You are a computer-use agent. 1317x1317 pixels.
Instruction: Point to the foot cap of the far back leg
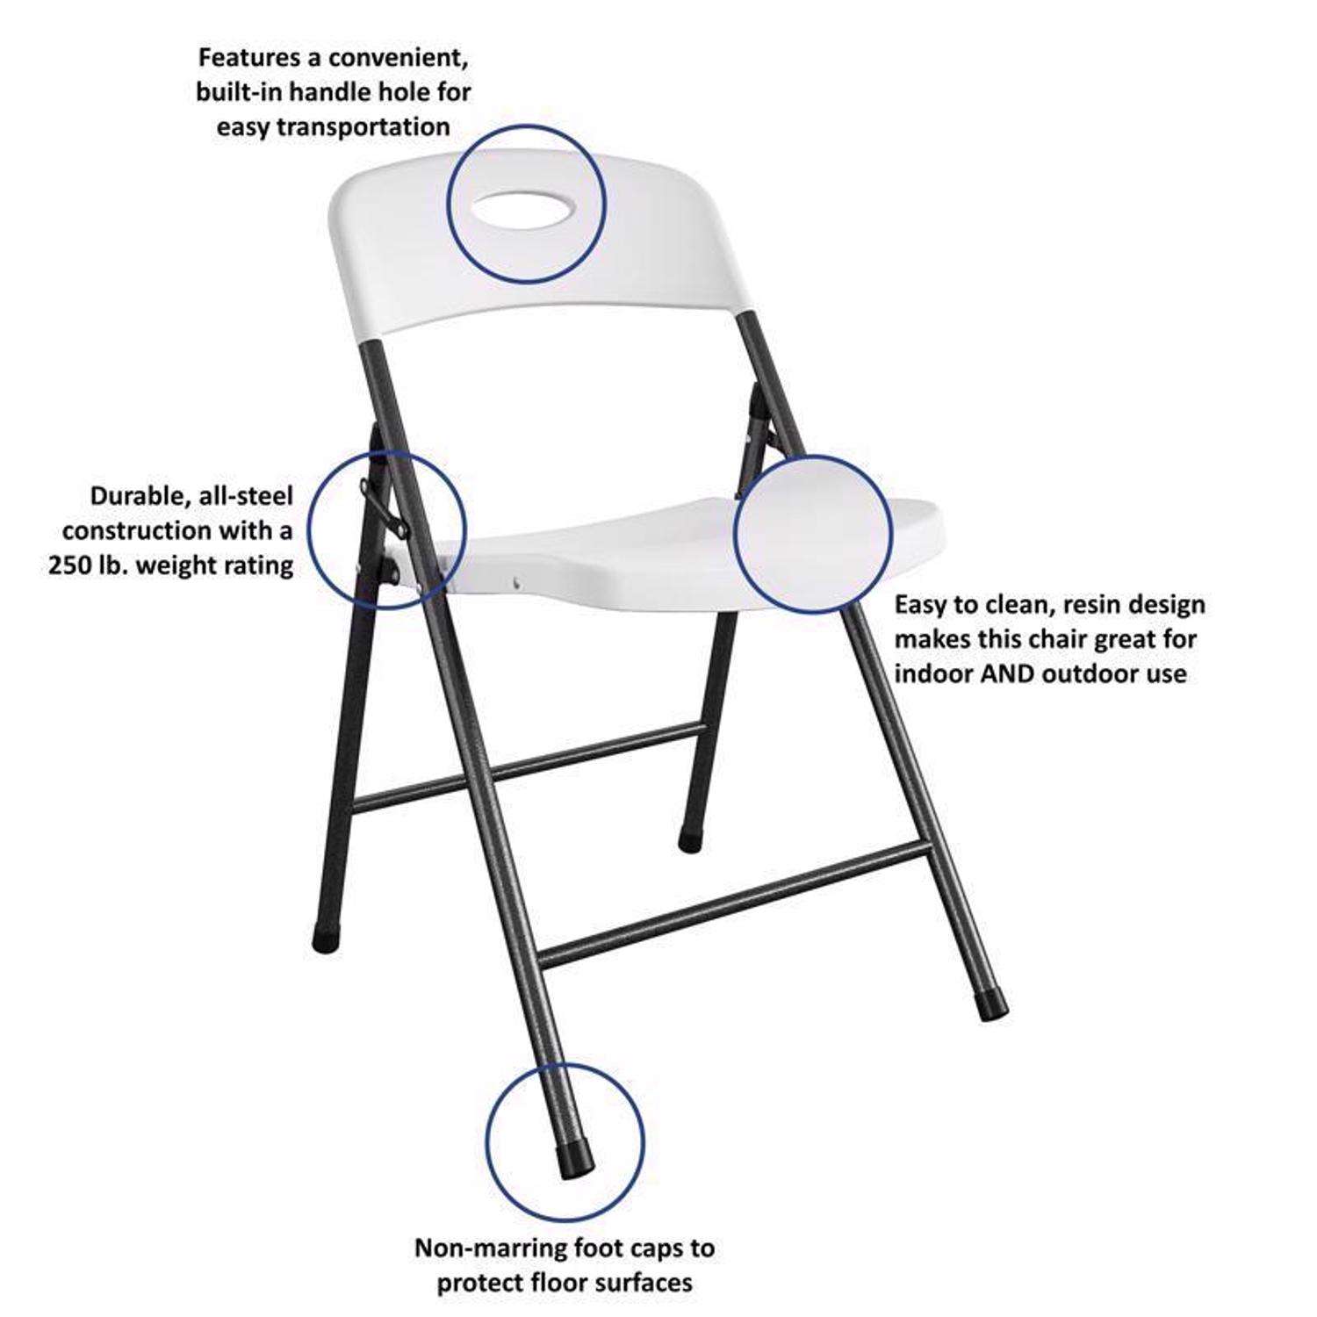click(x=689, y=841)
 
